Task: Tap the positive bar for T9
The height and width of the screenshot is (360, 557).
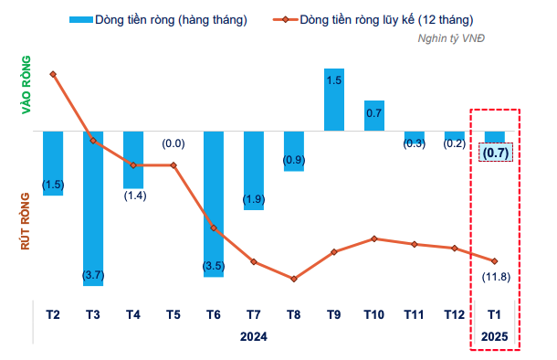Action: click(x=334, y=101)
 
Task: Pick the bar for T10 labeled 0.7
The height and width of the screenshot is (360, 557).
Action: click(x=374, y=116)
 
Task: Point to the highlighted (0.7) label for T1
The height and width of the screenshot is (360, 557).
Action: click(x=495, y=154)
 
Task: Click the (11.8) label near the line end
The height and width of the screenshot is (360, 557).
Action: click(x=495, y=277)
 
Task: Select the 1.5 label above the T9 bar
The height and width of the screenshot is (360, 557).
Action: click(x=334, y=80)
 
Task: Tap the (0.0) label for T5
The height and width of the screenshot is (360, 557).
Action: click(x=173, y=143)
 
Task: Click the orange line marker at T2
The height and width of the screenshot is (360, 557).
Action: click(x=53, y=74)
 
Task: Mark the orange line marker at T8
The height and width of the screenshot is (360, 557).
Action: click(x=294, y=279)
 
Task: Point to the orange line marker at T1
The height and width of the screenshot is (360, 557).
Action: click(x=495, y=261)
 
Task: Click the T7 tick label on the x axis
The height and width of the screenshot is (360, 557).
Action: click(x=254, y=315)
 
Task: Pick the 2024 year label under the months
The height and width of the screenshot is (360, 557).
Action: click(x=254, y=336)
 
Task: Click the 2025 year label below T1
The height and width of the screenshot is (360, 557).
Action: click(x=495, y=336)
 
